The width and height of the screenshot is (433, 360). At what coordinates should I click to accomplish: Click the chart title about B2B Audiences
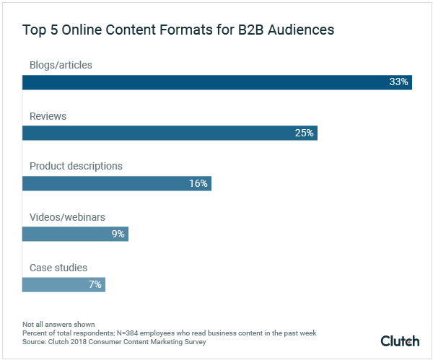[x=178, y=31]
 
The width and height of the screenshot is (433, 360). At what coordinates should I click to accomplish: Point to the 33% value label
[x=398, y=82]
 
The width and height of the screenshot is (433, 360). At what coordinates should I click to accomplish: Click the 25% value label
[x=304, y=133]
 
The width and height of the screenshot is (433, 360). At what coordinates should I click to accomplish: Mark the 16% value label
[x=198, y=183]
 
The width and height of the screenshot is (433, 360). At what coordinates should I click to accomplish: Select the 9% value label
[x=117, y=234]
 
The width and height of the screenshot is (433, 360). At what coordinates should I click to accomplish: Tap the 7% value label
[x=95, y=284]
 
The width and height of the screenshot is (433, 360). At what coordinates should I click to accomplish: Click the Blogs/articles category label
[x=61, y=65]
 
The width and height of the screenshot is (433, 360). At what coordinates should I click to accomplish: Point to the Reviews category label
[x=48, y=115]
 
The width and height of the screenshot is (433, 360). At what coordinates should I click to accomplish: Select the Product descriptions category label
[x=76, y=166]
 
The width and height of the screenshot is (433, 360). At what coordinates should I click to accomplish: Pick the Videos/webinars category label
[x=66, y=216]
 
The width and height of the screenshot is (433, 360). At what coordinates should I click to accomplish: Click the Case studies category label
[x=58, y=268]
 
